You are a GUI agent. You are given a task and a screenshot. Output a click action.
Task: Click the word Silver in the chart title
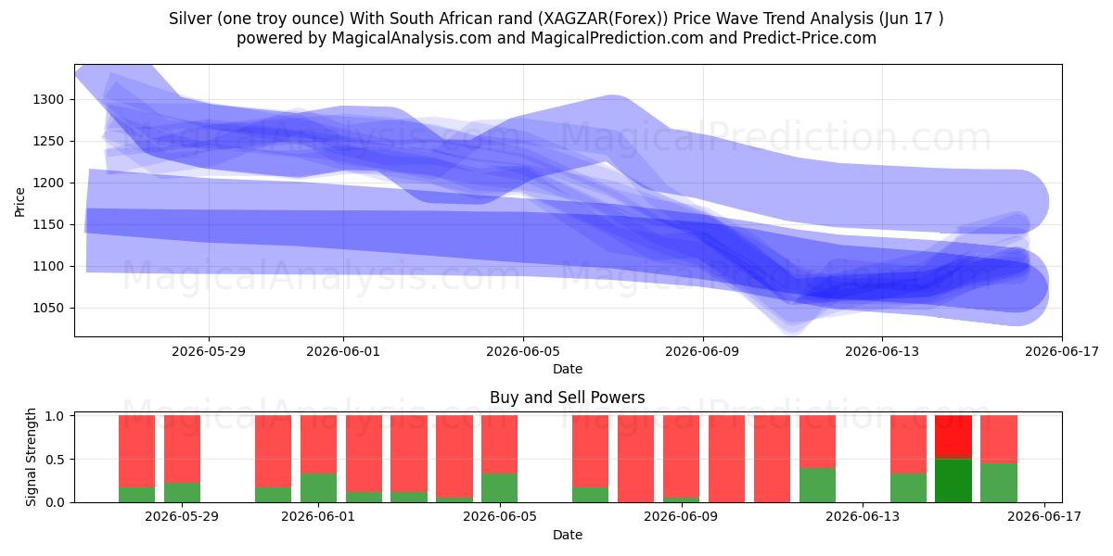coord(189,19)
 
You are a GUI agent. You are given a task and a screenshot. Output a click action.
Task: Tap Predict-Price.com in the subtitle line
coord(810,38)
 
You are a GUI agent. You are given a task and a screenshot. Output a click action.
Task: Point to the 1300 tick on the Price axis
coord(48,100)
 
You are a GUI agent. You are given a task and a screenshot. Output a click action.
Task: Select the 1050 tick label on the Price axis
coord(48,309)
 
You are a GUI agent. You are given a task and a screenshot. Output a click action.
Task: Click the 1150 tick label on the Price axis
coord(48,225)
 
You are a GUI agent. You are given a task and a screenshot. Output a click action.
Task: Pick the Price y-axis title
coord(19,202)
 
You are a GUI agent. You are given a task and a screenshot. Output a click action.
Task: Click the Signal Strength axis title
coord(31,457)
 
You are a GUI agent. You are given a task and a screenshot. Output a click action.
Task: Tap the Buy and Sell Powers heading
coord(567,398)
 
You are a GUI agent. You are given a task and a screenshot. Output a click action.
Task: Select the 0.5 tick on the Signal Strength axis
coord(55,460)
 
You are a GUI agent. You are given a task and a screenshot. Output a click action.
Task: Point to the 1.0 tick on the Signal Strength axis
coord(55,416)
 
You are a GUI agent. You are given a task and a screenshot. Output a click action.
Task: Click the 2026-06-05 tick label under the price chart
coord(523,351)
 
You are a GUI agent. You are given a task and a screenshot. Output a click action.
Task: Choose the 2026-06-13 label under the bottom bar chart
coord(863,517)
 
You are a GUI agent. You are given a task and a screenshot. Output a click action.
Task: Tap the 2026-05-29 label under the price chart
coord(209,351)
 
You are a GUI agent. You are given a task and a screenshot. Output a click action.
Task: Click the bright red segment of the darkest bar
coord(953,435)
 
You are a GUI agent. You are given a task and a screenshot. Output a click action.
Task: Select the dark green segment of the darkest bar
coord(953,481)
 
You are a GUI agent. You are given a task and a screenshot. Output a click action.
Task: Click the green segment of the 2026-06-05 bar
coord(499,488)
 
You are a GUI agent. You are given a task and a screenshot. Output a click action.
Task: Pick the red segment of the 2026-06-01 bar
coord(318,444)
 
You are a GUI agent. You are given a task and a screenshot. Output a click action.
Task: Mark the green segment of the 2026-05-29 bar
coord(182,492)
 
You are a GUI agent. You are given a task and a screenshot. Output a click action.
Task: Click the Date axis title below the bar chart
coord(568,535)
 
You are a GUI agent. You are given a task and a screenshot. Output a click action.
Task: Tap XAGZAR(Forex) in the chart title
coord(606,19)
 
